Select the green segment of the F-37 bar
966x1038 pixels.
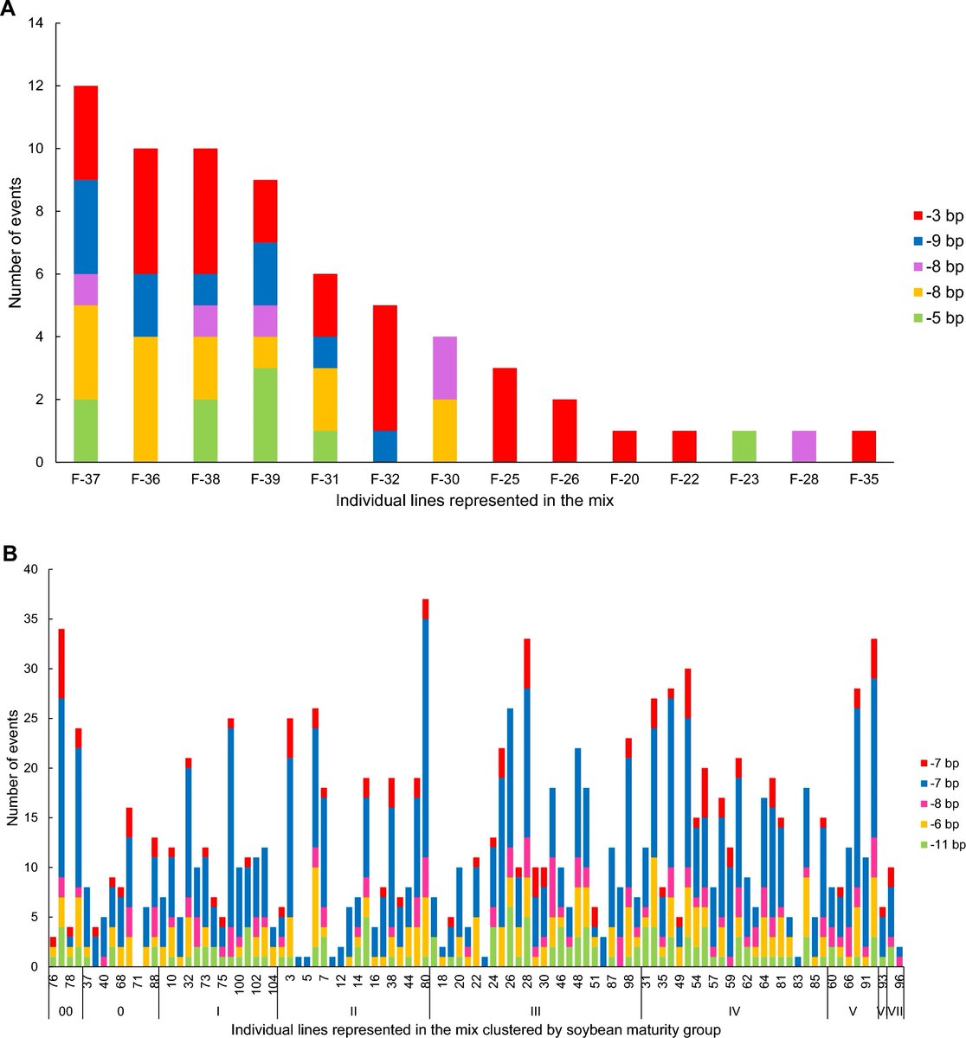[85, 431]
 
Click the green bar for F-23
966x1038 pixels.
[744, 446]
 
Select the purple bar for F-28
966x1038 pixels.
[803, 446]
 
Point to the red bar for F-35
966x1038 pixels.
[863, 446]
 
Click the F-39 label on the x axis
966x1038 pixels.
[267, 478]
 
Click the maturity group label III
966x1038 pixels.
[535, 1009]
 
